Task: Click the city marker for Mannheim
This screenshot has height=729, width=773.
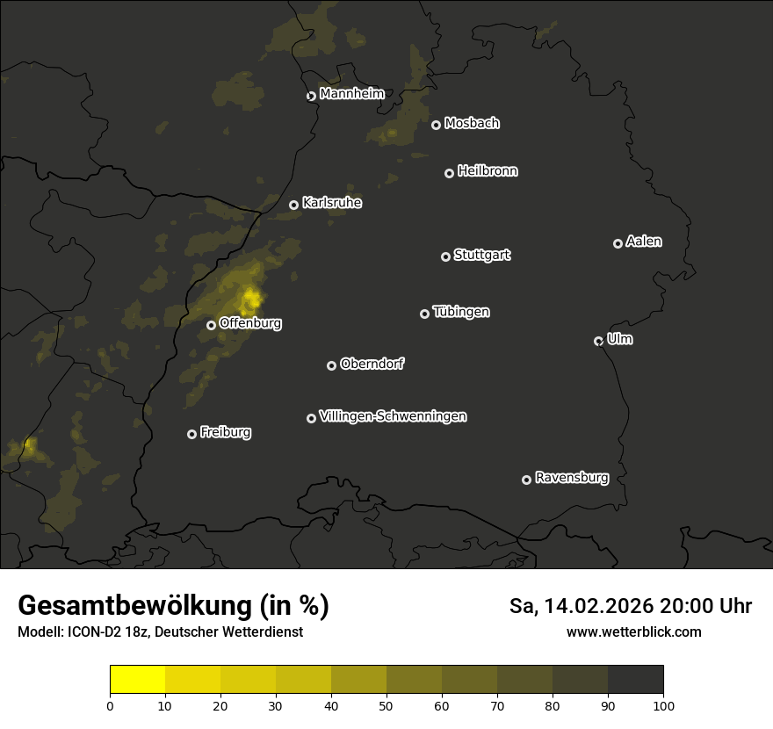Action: [x=311, y=97]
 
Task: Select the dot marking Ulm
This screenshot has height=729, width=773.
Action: [x=598, y=341]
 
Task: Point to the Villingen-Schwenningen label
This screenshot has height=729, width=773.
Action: [x=393, y=416]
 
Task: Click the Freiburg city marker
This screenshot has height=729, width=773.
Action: [x=191, y=434]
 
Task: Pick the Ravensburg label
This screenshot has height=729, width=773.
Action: [x=571, y=479]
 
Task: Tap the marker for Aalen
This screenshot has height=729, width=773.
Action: [x=618, y=243]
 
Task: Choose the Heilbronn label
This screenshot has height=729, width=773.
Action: [x=488, y=171]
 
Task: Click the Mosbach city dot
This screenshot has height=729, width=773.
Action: [x=436, y=125]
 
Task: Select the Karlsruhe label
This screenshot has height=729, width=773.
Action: [x=332, y=203]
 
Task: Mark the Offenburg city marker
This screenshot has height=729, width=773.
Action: [x=211, y=325]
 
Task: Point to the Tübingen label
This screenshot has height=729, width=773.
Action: [x=461, y=312]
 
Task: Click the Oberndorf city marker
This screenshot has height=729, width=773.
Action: [x=331, y=365]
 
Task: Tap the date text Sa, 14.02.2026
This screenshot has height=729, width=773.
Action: [x=580, y=606]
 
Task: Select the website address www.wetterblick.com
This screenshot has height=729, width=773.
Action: [x=633, y=632]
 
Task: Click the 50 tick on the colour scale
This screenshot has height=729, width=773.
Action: [x=386, y=704]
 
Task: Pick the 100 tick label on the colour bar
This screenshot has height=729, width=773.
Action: [x=663, y=704]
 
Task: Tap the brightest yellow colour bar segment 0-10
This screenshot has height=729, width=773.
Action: [x=137, y=680]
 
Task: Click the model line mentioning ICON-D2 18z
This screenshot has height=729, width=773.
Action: [x=160, y=632]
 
